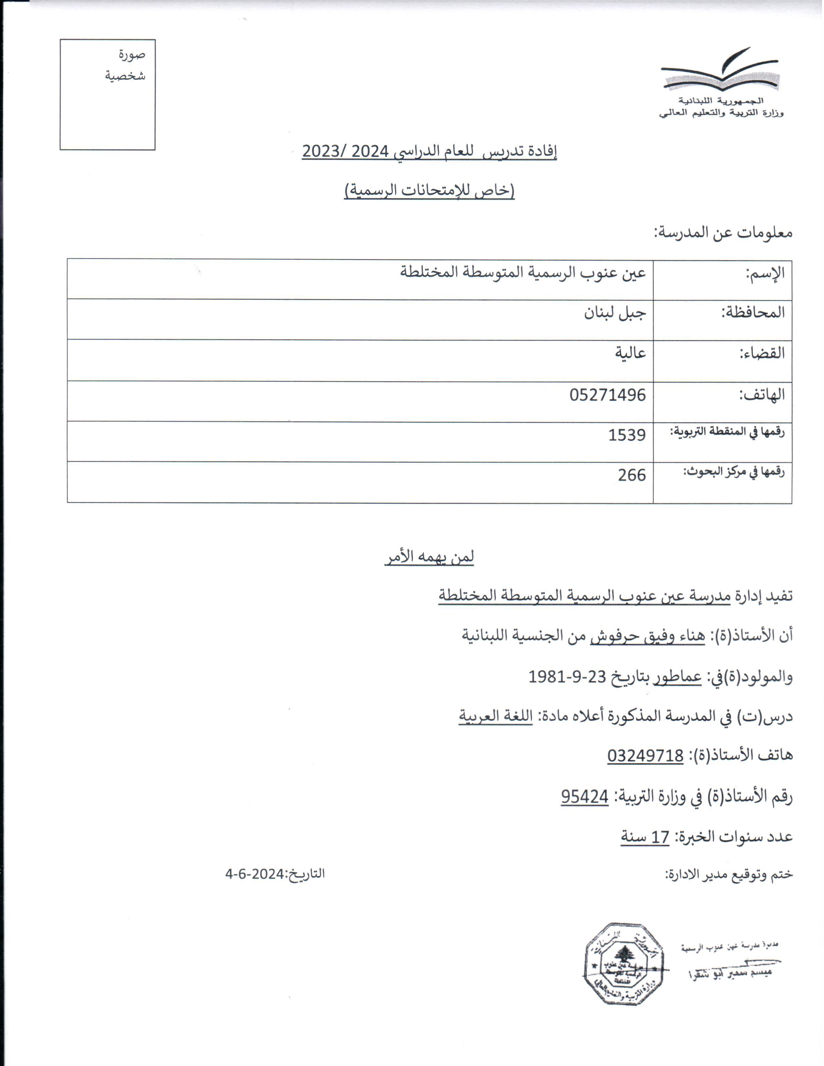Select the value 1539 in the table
coord(627,434)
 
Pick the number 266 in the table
coord(632,475)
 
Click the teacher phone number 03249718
coord(645,756)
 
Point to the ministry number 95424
coord(584,797)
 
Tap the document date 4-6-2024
coord(254,874)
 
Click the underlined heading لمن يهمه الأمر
coord(429,557)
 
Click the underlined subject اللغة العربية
coord(495,716)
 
